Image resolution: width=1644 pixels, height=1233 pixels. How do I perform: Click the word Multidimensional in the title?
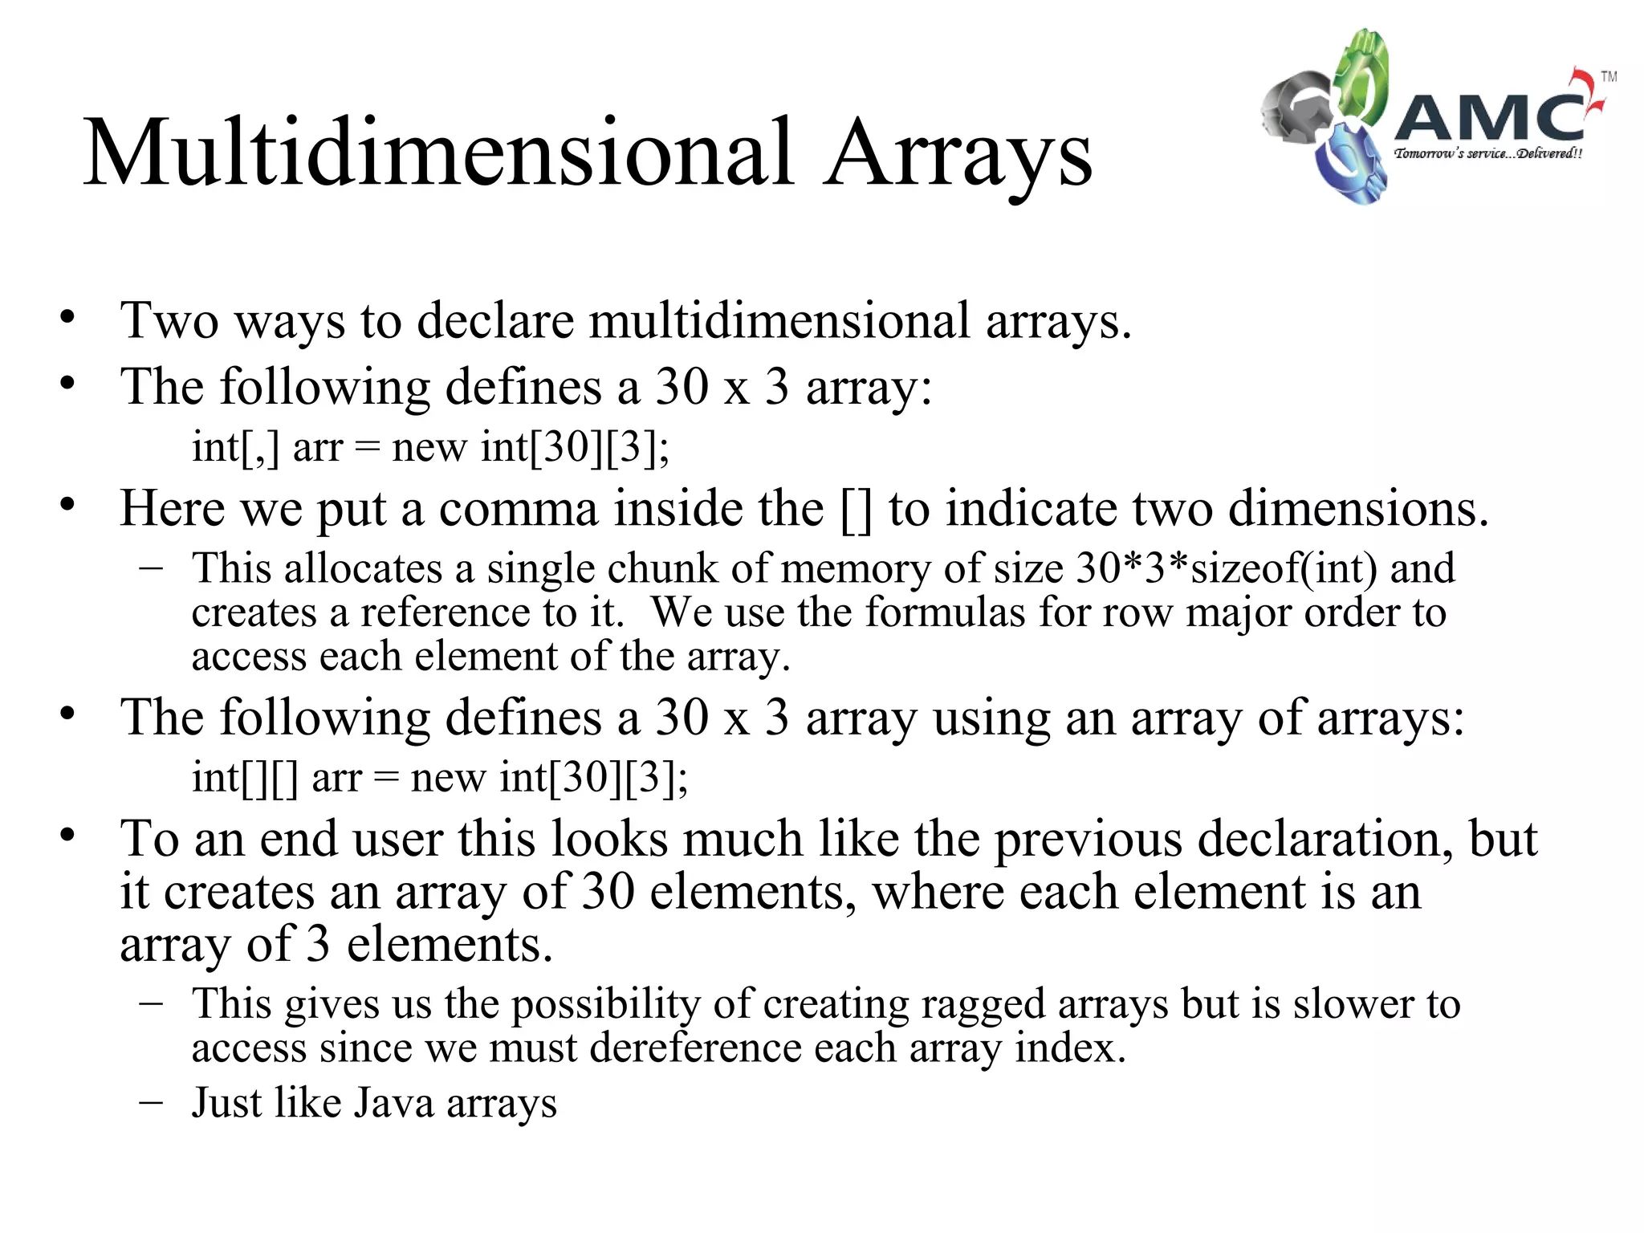438,153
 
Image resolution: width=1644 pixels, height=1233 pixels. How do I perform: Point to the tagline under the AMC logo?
1488,153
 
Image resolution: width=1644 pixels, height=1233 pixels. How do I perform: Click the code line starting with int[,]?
430,447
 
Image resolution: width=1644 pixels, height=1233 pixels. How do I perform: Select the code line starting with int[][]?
439,777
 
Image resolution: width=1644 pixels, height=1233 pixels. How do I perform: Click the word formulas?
945,612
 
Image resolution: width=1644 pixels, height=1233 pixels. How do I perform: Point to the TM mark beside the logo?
1609,77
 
